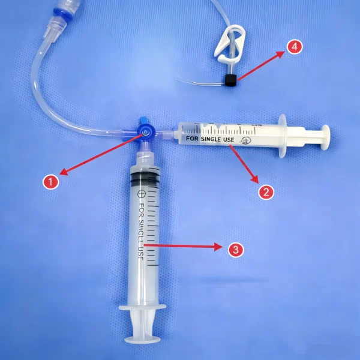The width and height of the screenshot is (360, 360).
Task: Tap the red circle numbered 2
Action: (266, 192)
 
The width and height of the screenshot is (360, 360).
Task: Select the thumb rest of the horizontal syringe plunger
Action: (325, 136)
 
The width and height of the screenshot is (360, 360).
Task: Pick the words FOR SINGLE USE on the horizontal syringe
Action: (209, 139)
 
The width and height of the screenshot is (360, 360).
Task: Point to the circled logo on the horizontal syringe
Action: (245, 140)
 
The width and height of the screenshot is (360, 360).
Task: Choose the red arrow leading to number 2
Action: (243, 163)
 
